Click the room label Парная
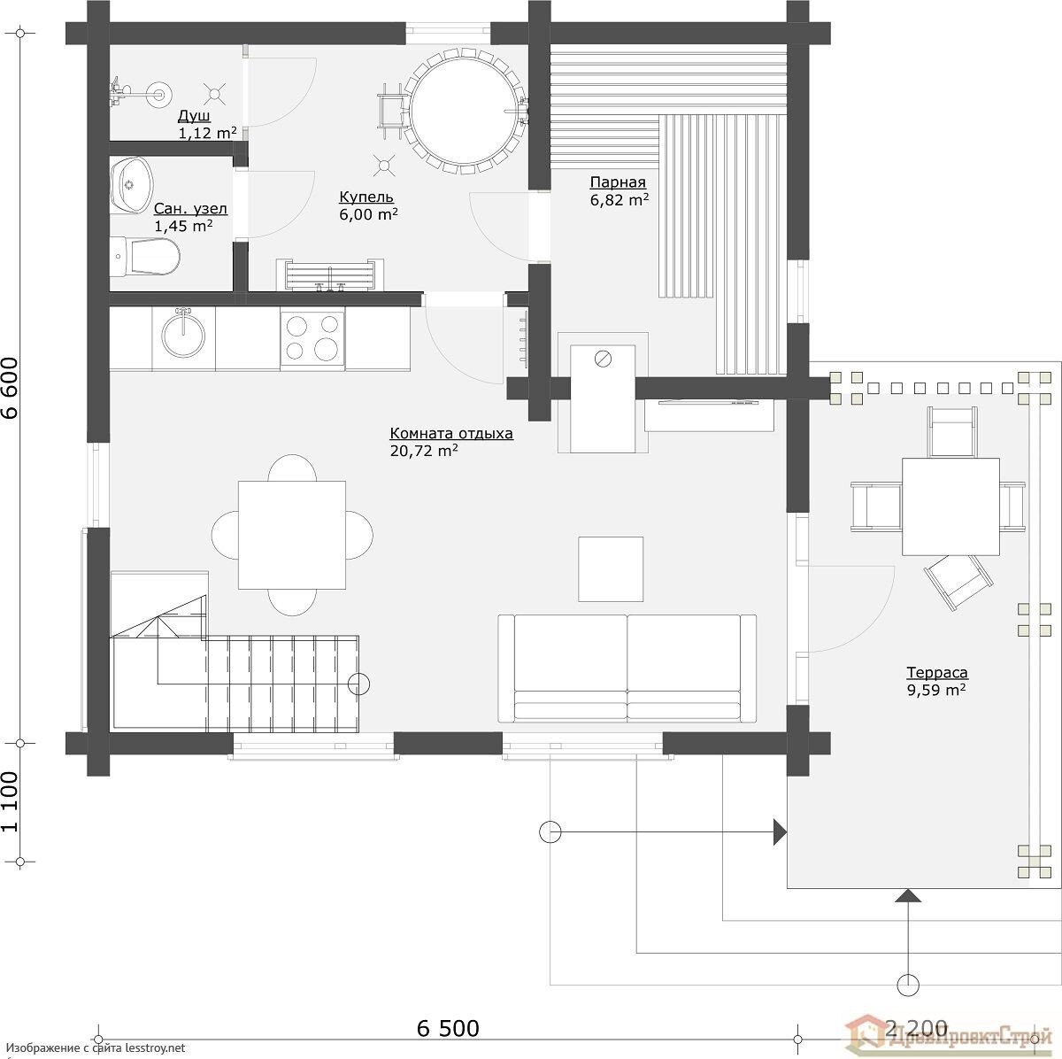point(617,182)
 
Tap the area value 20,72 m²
point(424,451)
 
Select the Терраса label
point(937,672)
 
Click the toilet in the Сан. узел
point(145,257)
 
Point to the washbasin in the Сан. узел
point(131,185)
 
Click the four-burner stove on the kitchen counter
point(312,338)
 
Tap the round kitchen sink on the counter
point(183,335)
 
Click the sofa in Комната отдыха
point(627,669)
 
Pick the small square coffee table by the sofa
point(611,569)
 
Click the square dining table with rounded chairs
point(292,535)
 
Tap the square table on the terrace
point(950,506)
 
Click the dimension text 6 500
point(448,1028)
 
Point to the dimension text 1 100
point(11,802)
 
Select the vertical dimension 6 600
point(11,389)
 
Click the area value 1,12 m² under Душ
point(207,133)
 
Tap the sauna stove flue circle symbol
point(603,359)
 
